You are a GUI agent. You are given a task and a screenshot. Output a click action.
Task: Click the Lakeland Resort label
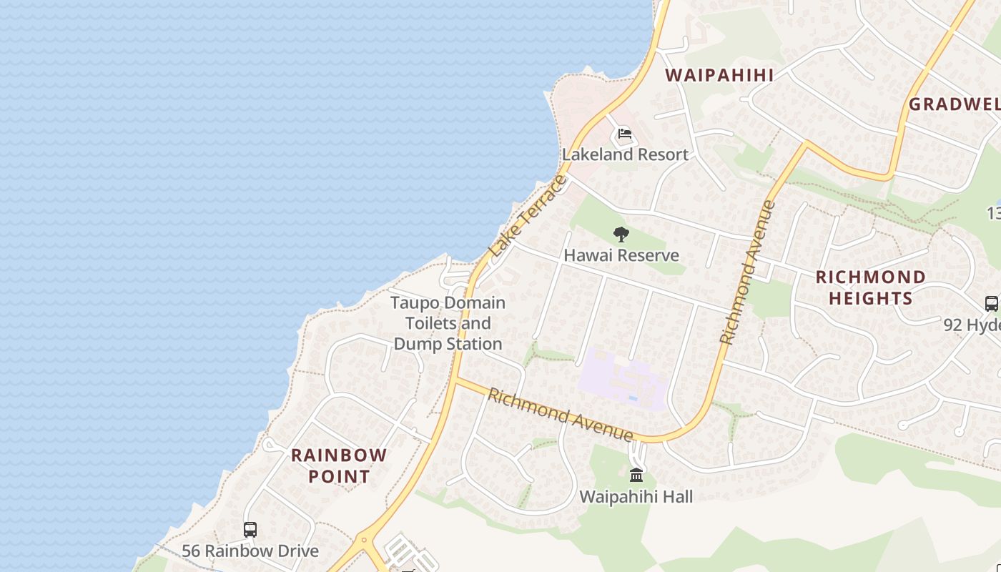click(625, 154)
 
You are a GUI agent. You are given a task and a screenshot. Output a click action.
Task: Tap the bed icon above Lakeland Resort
click(624, 134)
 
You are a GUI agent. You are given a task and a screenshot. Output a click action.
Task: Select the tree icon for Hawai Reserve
click(621, 234)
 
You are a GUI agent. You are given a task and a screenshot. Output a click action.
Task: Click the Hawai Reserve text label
click(621, 255)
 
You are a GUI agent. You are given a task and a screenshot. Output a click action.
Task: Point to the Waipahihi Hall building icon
click(636, 475)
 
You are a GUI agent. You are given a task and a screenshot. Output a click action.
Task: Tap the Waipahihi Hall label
click(636, 496)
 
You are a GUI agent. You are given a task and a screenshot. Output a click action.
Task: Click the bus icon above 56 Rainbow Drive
click(250, 530)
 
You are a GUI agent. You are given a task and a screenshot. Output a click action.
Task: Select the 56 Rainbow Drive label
click(250, 551)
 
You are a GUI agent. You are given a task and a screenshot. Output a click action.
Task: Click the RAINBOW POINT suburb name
click(339, 465)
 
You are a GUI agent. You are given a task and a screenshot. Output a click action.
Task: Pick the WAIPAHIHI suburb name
click(719, 75)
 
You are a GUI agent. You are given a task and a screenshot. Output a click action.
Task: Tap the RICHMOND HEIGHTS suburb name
click(870, 287)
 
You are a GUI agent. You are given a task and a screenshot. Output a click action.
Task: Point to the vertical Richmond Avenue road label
click(748, 272)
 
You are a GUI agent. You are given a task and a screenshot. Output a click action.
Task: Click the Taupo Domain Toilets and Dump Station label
click(448, 323)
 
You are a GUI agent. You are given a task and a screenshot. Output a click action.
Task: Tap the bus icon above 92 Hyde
click(991, 303)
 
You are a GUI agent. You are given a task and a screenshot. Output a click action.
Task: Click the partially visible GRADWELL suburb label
click(954, 104)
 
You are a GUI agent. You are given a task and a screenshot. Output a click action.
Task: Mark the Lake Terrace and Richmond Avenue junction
click(455, 379)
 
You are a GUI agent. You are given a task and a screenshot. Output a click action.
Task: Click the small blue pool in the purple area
click(633, 398)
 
